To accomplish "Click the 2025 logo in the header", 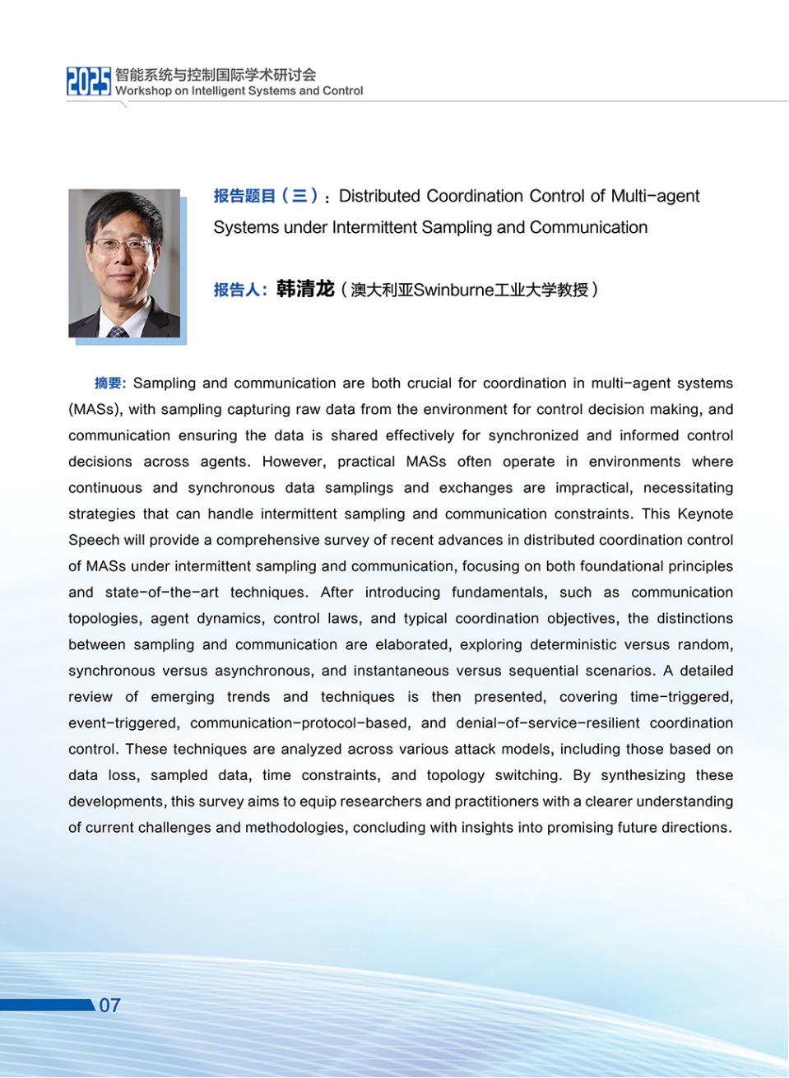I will pyautogui.click(x=88, y=81).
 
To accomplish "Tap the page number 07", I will pyautogui.click(x=109, y=1005).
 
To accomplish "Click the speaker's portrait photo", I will pyautogui.click(x=124, y=263).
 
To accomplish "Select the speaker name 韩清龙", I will pyautogui.click(x=305, y=289).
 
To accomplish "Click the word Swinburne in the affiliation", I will pyautogui.click(x=453, y=290).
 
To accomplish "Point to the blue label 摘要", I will pyautogui.click(x=109, y=383).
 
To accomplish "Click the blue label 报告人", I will pyautogui.click(x=239, y=290).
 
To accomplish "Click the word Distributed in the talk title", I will pyautogui.click(x=379, y=196).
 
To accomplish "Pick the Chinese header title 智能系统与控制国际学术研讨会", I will pyautogui.click(x=216, y=75).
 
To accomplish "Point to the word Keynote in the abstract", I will pyautogui.click(x=705, y=513).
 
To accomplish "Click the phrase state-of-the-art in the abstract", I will pyautogui.click(x=165, y=592).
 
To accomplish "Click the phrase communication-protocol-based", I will pyautogui.click(x=299, y=723).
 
